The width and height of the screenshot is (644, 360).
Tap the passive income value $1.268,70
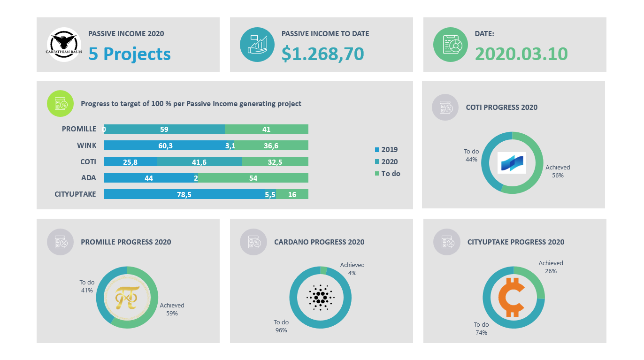[x=322, y=54]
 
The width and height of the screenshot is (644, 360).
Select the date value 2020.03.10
[x=521, y=54]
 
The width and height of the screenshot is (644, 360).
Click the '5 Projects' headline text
[x=130, y=54]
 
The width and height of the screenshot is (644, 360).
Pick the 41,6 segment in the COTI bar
[x=199, y=161]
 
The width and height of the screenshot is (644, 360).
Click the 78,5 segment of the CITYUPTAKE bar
[x=184, y=194]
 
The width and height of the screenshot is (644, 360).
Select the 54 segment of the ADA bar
[x=253, y=178]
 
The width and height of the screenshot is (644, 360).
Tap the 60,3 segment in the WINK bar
[x=165, y=146]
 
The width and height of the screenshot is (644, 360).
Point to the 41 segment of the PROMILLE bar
[x=267, y=129]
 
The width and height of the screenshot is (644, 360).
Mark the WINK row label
[x=87, y=146]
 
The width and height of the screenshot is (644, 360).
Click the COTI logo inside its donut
[x=512, y=163]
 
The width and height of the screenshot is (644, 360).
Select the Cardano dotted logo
[x=320, y=297]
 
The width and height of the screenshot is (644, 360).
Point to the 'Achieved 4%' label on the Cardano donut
[x=352, y=269]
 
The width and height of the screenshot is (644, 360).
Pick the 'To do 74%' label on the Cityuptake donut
[x=481, y=329]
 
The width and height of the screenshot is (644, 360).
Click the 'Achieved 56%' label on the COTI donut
[x=558, y=171]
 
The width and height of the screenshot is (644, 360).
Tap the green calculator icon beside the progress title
[x=61, y=103]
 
